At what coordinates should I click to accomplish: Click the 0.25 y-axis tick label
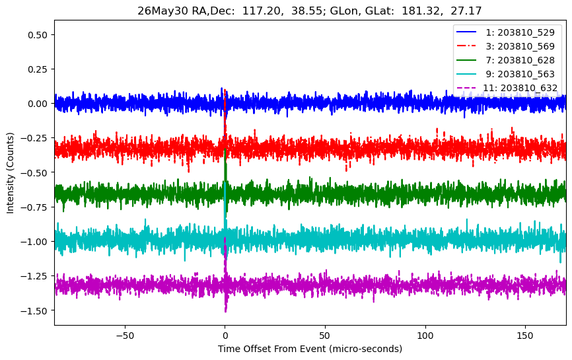tap(38, 69)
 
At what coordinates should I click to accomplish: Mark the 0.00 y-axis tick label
tap(38, 104)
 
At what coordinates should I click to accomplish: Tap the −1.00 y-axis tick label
tap(34, 242)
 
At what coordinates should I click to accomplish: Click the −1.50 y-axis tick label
tap(34, 310)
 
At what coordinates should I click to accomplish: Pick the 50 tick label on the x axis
tap(325, 335)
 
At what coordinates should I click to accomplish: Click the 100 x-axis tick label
tap(425, 335)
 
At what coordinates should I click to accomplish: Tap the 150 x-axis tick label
tap(525, 335)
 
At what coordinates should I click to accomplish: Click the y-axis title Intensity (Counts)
tap(10, 173)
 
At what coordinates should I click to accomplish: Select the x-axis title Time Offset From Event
tap(271, 349)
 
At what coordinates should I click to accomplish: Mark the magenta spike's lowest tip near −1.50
tap(226, 312)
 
